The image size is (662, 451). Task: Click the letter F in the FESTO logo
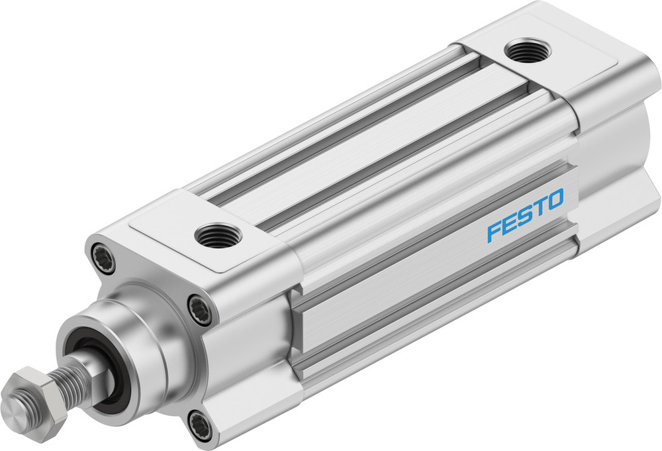tap(494, 232)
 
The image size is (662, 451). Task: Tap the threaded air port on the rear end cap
tap(526, 50)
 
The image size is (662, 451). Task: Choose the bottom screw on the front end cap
tap(200, 424)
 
